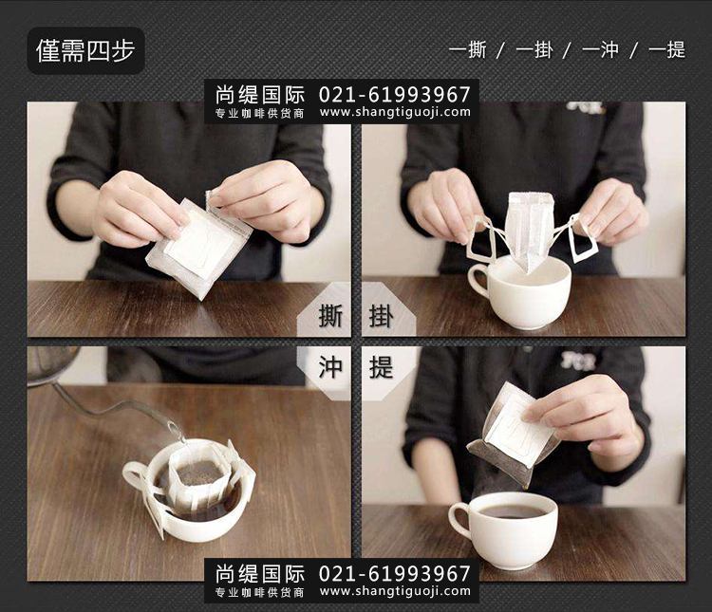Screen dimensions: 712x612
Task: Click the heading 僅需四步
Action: click(x=85, y=50)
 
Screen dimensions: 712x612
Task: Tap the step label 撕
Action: click(x=330, y=316)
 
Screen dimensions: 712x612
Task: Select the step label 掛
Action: click(x=381, y=316)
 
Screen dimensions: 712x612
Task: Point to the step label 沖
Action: click(x=330, y=367)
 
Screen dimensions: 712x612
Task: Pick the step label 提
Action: click(x=381, y=367)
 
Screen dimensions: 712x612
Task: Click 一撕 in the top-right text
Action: click(x=468, y=49)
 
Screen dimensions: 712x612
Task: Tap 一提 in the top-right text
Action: click(x=666, y=49)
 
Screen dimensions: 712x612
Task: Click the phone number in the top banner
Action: click(x=395, y=95)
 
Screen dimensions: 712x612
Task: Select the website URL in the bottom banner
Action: click(x=395, y=591)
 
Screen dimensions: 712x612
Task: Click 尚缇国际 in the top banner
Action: click(x=260, y=95)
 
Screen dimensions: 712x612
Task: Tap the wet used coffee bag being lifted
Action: click(x=513, y=435)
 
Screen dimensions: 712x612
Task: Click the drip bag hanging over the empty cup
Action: click(x=531, y=231)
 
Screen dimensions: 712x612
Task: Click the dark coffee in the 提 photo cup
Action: click(x=512, y=511)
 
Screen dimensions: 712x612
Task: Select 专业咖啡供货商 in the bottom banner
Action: click(x=260, y=592)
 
